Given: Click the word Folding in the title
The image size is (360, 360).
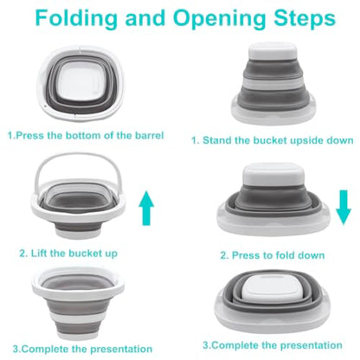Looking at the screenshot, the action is coord(76,19).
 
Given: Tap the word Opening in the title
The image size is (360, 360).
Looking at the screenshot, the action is coord(219,19).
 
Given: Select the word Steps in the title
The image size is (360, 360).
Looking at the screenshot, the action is coord(305,19).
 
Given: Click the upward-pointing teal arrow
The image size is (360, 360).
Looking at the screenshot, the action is coord(146,208).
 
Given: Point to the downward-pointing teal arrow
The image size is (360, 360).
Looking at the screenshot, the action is coord(344,207).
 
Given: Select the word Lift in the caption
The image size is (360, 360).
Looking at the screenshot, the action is coord(39,254).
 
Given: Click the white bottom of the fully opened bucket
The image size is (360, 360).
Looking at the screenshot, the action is coord(78,334).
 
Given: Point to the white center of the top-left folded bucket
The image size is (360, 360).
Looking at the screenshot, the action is coord(80,80).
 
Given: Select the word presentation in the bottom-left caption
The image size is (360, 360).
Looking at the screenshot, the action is coord(121,349).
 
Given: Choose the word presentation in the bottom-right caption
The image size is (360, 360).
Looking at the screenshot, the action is coord(312,345).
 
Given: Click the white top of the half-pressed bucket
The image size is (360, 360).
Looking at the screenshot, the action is coord(273,174).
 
